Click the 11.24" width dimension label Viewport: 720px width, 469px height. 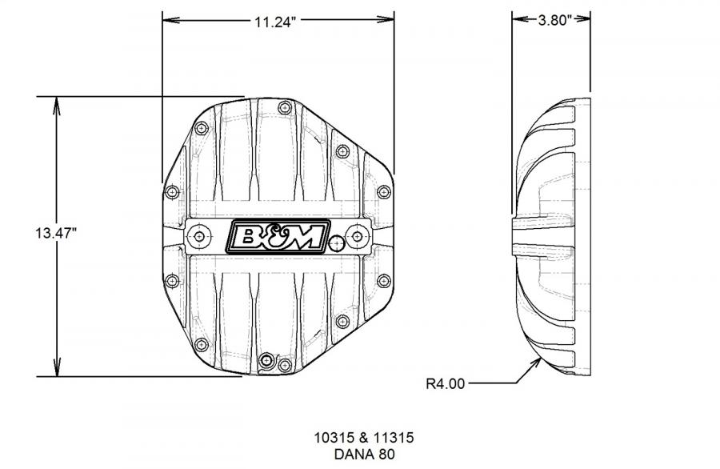pos(276,21)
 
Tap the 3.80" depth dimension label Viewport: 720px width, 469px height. pos(554,20)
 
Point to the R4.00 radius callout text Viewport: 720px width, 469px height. pos(446,383)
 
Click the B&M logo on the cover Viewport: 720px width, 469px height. pos(278,236)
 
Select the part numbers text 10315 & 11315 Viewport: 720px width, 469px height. pos(364,437)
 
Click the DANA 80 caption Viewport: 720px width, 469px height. pos(364,455)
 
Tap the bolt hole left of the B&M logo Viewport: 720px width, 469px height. pos(199,236)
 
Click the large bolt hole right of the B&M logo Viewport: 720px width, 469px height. pos(358,236)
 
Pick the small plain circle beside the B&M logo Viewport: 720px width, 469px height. pos(337,243)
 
